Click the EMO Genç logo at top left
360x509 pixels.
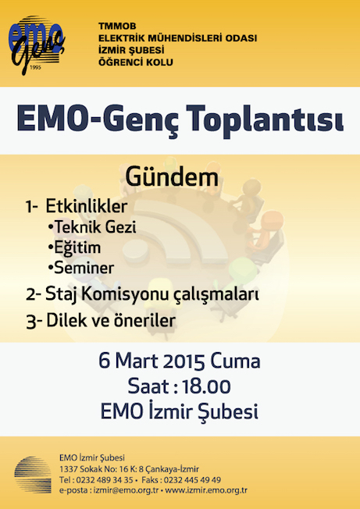click(37, 44)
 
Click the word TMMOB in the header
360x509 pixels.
click(117, 26)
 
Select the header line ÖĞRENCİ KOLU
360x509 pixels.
click(136, 62)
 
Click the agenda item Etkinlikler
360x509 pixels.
click(87, 206)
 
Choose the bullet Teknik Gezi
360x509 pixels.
click(92, 227)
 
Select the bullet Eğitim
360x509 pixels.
click(74, 247)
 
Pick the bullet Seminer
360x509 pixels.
click(81, 268)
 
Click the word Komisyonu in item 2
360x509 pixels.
click(127, 294)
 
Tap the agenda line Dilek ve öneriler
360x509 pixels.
click(111, 320)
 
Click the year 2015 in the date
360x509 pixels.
click(184, 361)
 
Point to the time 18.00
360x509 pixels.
click(206, 386)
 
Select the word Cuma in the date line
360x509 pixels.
click(235, 361)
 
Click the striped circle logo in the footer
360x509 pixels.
click(33, 475)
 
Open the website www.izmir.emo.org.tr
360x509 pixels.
click(206, 490)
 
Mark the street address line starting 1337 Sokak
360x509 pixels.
click(129, 469)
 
